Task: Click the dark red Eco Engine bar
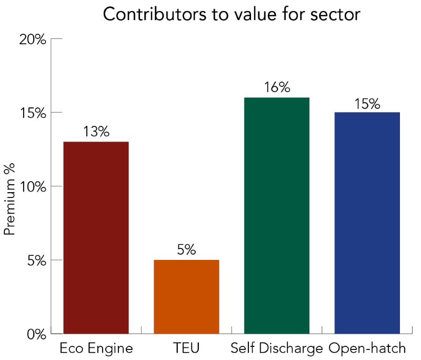tap(96, 237)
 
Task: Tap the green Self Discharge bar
tap(277, 215)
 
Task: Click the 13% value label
tap(96, 132)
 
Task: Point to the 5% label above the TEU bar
tap(186, 250)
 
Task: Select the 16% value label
tap(277, 88)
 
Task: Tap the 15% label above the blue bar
tap(367, 103)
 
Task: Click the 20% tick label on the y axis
tap(33, 39)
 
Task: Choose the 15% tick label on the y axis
tap(33, 113)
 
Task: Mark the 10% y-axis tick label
tap(33, 187)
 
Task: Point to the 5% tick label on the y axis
tap(36, 261)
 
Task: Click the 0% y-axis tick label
tap(36, 334)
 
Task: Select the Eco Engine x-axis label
tap(96, 348)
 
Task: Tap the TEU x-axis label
tap(186, 348)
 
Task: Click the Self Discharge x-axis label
tap(276, 348)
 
